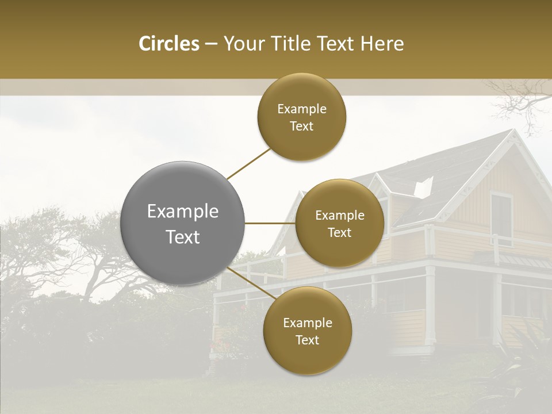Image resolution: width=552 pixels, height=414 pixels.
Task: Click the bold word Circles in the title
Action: click(168, 44)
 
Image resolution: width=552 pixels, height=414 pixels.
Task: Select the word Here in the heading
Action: click(383, 44)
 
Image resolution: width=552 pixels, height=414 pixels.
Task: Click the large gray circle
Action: click(183, 223)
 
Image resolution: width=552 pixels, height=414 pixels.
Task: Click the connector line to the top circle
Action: click(248, 164)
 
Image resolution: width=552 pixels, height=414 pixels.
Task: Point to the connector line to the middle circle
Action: click(270, 223)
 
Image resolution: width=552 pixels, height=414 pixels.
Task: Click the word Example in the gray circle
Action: click(183, 212)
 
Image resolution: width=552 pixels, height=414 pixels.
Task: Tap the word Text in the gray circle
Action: click(183, 237)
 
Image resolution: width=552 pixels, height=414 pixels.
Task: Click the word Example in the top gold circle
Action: click(302, 109)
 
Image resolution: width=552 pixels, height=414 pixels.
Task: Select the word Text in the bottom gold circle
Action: click(307, 340)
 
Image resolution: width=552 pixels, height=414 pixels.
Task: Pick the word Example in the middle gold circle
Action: click(340, 215)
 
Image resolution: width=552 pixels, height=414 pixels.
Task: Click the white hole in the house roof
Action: click(424, 187)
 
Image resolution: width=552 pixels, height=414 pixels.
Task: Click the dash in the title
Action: click(211, 44)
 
